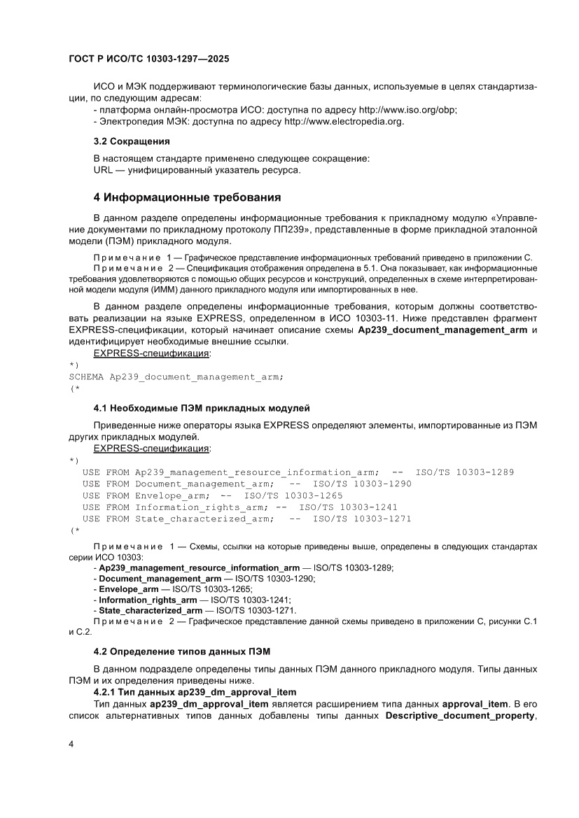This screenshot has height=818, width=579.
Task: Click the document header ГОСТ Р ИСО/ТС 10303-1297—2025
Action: pos(149,60)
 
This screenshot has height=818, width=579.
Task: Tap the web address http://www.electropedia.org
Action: pos(344,121)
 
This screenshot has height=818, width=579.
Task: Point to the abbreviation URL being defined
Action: pos(103,170)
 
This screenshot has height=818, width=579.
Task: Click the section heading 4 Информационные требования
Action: pos(187,197)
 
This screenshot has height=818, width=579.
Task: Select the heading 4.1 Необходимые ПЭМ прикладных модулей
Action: pos(202,408)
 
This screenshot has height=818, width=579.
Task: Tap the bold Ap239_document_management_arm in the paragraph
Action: pos(443,330)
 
